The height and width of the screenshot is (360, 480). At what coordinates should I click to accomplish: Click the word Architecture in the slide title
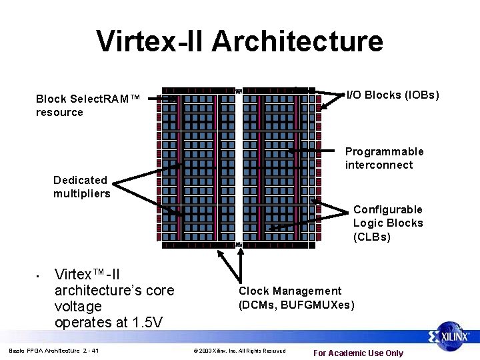(297, 41)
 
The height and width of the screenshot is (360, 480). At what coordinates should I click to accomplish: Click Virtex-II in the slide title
(151, 41)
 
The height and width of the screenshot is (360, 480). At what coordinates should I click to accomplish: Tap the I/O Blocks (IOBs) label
(393, 95)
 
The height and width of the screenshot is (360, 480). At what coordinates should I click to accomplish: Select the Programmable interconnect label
(384, 158)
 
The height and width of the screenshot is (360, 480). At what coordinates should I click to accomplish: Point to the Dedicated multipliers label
(82, 187)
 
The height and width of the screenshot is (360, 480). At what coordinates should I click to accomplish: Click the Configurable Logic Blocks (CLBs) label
(388, 223)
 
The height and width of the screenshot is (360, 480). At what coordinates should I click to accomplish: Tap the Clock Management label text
(290, 291)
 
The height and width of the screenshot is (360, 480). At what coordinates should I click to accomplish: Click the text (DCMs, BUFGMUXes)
(297, 305)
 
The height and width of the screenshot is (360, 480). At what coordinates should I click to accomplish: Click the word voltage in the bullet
(78, 307)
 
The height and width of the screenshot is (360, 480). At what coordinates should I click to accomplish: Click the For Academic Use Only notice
(359, 353)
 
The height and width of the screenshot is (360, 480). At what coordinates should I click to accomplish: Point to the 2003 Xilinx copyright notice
(239, 351)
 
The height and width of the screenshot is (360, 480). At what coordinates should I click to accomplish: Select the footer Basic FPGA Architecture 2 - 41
(54, 351)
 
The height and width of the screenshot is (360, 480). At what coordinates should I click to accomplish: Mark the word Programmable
(384, 151)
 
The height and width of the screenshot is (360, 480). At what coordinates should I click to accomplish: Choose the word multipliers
(82, 194)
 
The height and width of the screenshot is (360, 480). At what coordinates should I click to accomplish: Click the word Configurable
(388, 209)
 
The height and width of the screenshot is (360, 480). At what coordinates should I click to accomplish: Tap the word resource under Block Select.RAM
(59, 112)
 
